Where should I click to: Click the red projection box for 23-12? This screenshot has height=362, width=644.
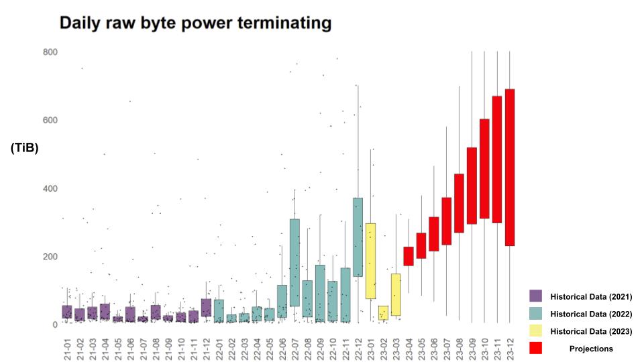click(510, 168)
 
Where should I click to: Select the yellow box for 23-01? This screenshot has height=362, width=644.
click(370, 261)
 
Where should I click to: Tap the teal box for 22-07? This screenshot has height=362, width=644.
click(294, 263)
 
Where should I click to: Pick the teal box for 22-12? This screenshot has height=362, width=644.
click(358, 237)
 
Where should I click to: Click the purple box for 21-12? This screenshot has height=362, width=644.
click(206, 308)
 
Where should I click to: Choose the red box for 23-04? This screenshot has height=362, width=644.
click(409, 256)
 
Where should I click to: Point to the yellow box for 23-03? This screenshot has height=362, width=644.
click(396, 295)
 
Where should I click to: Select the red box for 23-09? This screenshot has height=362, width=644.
click(472, 186)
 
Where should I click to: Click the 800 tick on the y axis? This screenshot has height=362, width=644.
click(50, 52)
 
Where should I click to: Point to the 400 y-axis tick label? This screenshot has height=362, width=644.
click(50, 188)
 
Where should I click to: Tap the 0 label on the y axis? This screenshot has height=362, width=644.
click(55, 324)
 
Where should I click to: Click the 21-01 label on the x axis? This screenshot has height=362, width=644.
click(67, 349)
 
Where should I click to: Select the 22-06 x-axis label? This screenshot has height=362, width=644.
click(282, 349)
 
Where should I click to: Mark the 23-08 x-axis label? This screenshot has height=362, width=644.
click(459, 349)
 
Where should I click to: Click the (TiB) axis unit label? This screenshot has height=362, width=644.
click(25, 147)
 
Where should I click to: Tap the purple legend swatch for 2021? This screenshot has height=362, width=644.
click(535, 296)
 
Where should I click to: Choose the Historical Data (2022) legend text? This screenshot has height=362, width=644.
click(591, 314)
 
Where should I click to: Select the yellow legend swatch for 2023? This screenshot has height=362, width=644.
click(535, 330)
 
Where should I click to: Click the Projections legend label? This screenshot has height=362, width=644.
click(591, 349)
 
